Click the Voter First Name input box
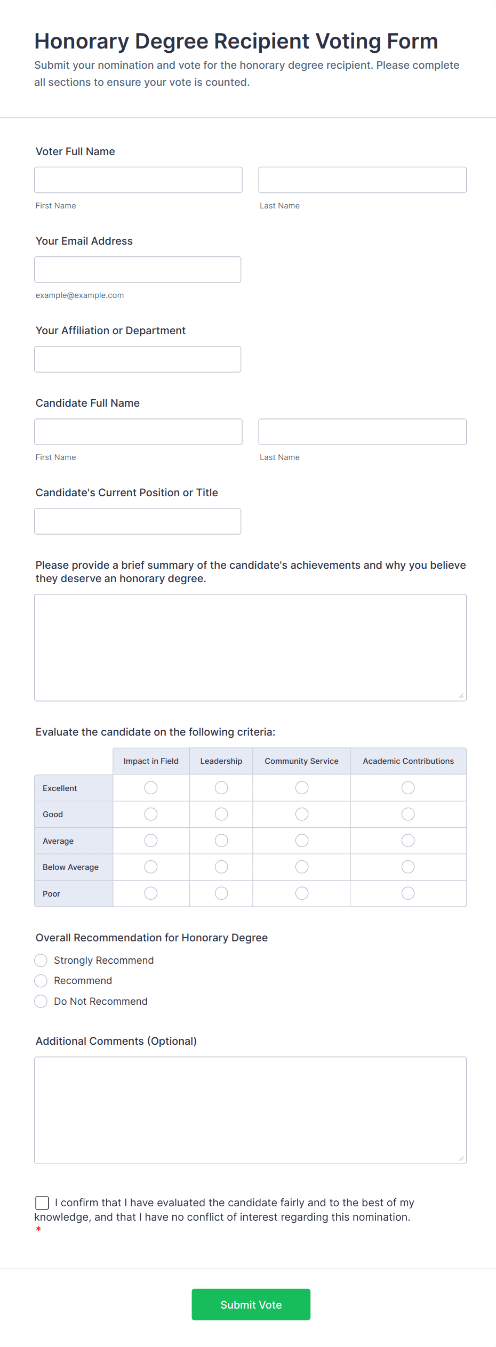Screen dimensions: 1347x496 click(138, 180)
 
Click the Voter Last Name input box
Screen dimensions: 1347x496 click(362, 180)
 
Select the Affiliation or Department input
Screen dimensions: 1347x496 click(138, 359)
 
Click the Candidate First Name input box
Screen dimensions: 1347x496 click(138, 432)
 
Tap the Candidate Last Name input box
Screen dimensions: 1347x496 click(362, 432)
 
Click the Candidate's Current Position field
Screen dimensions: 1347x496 click(138, 521)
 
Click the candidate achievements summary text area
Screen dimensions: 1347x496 click(250, 647)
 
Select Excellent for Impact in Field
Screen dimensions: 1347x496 click(151, 788)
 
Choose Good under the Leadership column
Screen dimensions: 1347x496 click(221, 814)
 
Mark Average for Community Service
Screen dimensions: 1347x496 click(302, 841)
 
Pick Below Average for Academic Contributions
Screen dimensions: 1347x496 click(408, 867)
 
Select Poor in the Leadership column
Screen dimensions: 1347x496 click(221, 893)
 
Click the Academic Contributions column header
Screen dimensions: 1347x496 click(408, 761)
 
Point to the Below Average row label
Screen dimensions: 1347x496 click(71, 867)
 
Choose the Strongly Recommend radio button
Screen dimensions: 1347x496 click(41, 961)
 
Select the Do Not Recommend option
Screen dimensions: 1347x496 click(41, 1002)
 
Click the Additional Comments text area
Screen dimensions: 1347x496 click(250, 1110)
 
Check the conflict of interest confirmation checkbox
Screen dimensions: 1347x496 click(42, 1203)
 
